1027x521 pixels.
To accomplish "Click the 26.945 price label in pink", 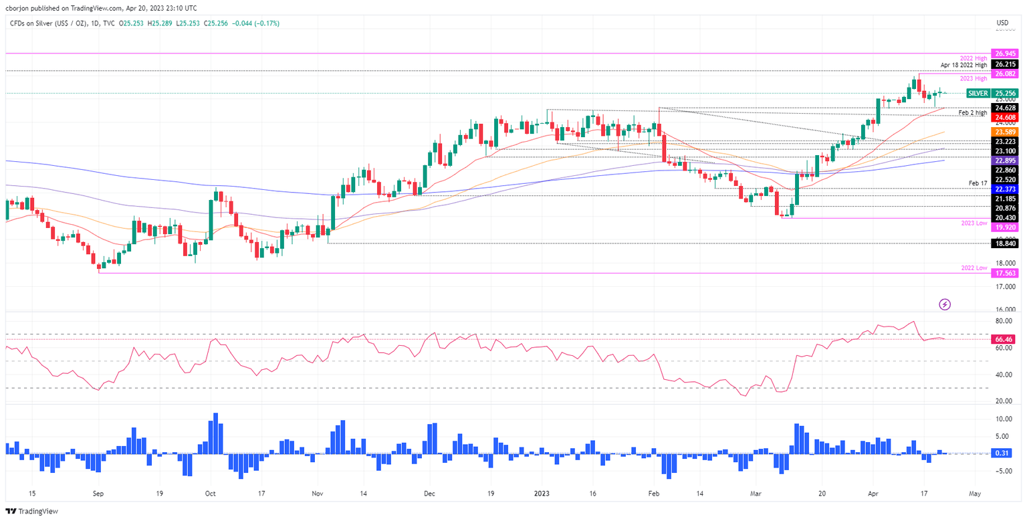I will [1006, 53].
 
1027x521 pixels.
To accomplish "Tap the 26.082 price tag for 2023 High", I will [1006, 74].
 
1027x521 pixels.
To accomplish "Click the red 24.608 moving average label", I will [1006, 118].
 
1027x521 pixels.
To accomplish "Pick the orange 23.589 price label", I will [1006, 132].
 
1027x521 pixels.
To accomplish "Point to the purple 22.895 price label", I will [1006, 161].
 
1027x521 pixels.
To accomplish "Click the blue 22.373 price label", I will [1006, 189].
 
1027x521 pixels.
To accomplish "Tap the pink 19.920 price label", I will [1006, 227].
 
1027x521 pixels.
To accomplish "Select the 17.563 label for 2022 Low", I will [1006, 273].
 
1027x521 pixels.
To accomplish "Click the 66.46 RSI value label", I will [1005, 339].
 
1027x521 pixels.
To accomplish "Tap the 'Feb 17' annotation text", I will [978, 183].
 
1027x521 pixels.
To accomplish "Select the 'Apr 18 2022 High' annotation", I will [963, 65].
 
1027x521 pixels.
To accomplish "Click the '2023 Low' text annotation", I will [974, 223].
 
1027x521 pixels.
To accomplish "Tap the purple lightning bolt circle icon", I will [945, 304].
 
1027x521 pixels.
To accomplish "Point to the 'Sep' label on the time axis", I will [98, 494].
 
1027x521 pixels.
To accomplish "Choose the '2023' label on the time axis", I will [542, 494].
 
